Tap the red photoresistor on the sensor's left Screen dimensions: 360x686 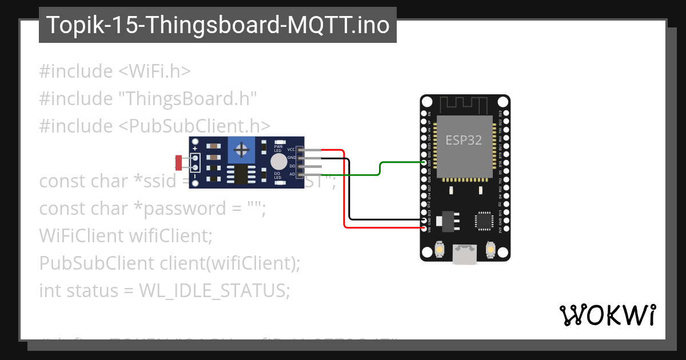(179, 163)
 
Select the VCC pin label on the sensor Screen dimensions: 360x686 (291, 149)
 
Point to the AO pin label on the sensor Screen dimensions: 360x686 (292, 174)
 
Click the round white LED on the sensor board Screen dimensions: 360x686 (278, 161)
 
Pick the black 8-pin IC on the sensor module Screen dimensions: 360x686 (242, 175)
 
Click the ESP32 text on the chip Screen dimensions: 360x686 (464, 140)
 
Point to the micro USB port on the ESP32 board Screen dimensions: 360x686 (465, 255)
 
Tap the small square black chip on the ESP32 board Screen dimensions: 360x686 (484, 221)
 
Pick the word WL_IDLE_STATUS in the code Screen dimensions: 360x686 (214, 291)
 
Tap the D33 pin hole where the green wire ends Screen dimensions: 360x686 (424, 162)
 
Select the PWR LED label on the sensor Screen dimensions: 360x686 (278, 148)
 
